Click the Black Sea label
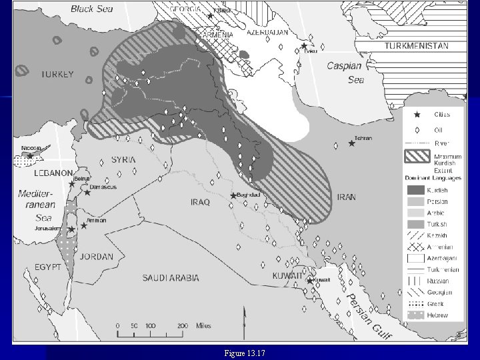[x=93, y=9]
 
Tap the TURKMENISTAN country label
[x=416, y=46]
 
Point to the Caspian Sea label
[x=345, y=73]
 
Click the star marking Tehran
[x=352, y=143]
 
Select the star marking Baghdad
[x=233, y=195]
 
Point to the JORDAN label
[x=97, y=256]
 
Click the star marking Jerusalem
[x=71, y=229]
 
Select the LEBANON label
[x=53, y=173]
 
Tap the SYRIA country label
[x=123, y=160]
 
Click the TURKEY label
[x=57, y=75]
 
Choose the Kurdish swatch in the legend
[x=416, y=190]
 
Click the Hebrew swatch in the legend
[x=416, y=315]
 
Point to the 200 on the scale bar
[x=181, y=325]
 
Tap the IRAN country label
[x=346, y=197]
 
